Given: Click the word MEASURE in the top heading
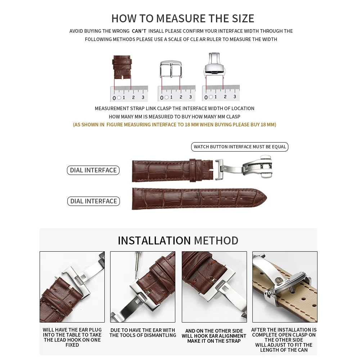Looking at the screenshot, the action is click(181, 18).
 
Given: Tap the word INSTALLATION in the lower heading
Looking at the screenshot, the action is click(154, 240).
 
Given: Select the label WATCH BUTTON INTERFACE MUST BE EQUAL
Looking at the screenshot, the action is click(240, 147).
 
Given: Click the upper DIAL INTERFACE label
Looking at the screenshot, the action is click(93, 170).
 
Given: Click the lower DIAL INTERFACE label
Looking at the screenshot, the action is click(94, 201).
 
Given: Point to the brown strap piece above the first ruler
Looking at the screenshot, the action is click(122, 67).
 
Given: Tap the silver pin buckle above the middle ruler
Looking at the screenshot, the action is click(171, 69).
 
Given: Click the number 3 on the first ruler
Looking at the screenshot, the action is click(143, 97).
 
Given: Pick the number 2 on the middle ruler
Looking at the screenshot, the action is click(181, 97).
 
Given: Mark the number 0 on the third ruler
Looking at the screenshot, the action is click(206, 98).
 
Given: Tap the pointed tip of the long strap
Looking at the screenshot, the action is click(266, 198).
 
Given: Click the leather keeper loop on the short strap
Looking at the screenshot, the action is click(195, 170).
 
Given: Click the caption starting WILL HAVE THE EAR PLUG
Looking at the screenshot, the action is click(72, 337).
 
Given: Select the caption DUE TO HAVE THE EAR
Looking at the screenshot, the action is click(143, 333).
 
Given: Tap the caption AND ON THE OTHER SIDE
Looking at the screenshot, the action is click(214, 336).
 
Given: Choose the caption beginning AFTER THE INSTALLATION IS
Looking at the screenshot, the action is click(284, 340).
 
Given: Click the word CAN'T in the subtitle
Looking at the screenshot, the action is click(139, 31).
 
